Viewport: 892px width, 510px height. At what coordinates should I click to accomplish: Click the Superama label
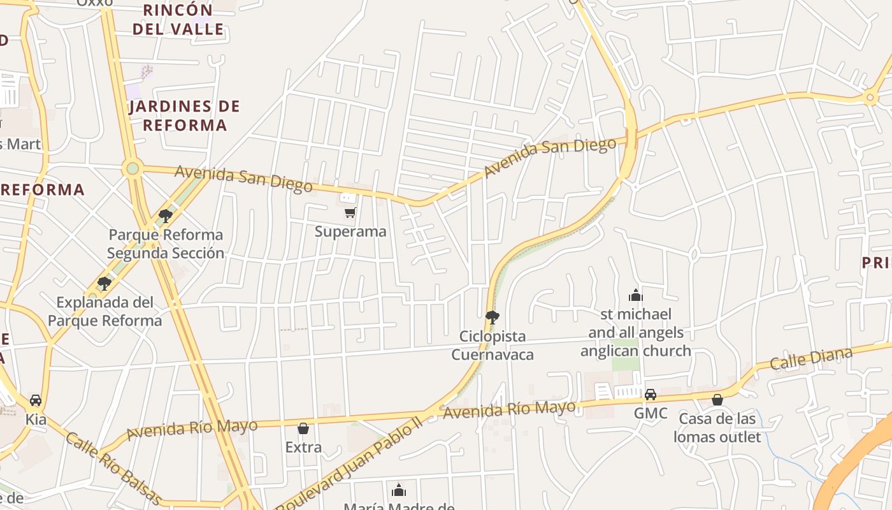[x=350, y=231]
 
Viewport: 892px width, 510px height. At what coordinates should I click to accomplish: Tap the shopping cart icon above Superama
[x=350, y=213]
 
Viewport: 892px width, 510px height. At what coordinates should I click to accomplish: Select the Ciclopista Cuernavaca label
[x=493, y=345]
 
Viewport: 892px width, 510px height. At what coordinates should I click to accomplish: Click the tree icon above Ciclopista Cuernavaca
[x=492, y=317]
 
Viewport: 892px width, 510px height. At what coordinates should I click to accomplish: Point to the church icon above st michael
[x=635, y=295]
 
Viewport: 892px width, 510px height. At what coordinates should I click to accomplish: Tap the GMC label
[x=651, y=413]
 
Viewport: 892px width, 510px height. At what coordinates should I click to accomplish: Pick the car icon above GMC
[x=651, y=395]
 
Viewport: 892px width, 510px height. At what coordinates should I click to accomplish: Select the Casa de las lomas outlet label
[x=717, y=428]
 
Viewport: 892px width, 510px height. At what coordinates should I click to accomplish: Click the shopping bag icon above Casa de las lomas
[x=717, y=400]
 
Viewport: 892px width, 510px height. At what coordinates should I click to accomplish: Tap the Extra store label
[x=303, y=447]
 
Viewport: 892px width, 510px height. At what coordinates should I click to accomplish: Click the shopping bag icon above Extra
[x=303, y=428]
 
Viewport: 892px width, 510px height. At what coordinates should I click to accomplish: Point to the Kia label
[x=36, y=419]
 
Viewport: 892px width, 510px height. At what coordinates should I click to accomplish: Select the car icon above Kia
[x=36, y=400]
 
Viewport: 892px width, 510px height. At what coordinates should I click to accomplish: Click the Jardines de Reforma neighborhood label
[x=185, y=115]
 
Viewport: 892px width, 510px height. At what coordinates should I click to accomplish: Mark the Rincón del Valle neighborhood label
[x=183, y=20]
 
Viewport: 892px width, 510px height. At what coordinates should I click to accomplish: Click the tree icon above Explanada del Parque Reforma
[x=104, y=283]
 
